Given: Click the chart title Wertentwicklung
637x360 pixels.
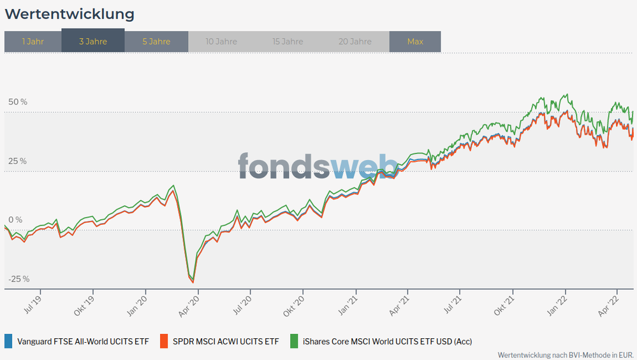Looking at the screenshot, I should click(x=70, y=13).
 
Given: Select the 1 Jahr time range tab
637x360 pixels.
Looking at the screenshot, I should click(x=33, y=41).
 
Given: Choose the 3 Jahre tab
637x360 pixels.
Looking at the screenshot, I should click(x=93, y=41).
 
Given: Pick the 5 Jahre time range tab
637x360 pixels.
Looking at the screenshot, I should click(x=156, y=41).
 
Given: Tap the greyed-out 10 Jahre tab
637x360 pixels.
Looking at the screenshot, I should click(x=221, y=41).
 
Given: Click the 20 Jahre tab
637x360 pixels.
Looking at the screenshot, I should click(x=356, y=41).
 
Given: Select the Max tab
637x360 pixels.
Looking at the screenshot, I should click(x=415, y=41).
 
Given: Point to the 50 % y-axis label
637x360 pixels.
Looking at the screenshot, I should click(x=18, y=102).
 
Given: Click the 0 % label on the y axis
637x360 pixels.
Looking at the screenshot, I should click(x=15, y=220).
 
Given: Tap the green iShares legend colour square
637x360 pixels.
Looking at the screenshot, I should click(x=294, y=341).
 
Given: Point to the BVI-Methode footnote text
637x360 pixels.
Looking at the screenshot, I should click(x=565, y=354).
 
